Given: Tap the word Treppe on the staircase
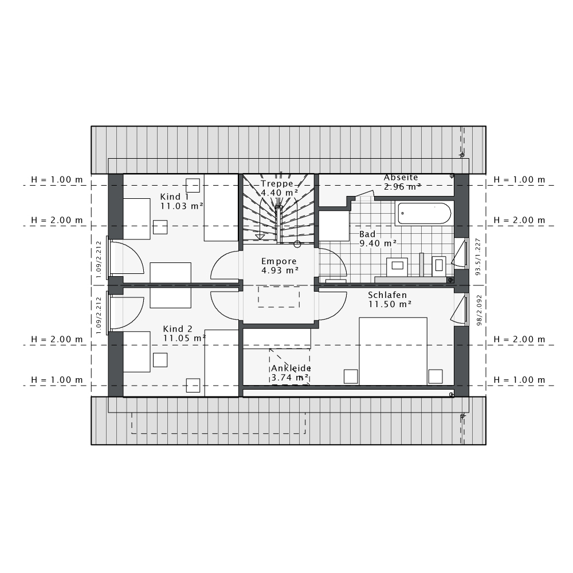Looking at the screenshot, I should pyautogui.click(x=277, y=184).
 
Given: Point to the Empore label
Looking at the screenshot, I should pyautogui.click(x=279, y=261).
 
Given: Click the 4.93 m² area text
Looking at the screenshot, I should pyautogui.click(x=280, y=270).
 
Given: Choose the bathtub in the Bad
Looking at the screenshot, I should pyautogui.click(x=425, y=213).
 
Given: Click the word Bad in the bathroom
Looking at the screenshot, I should pyautogui.click(x=367, y=234).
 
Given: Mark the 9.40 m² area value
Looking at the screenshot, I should pyautogui.click(x=378, y=244).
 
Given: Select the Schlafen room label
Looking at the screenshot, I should pyautogui.click(x=387, y=295).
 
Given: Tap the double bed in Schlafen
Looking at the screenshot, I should pyautogui.click(x=393, y=351).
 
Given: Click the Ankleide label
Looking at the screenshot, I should pyautogui.click(x=291, y=368).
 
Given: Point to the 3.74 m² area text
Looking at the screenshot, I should pyautogui.click(x=290, y=378).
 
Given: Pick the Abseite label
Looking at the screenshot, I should pyautogui.click(x=401, y=177).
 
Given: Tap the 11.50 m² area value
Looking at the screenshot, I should pyautogui.click(x=390, y=304).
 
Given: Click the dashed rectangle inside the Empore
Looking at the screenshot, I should pyautogui.click(x=279, y=296).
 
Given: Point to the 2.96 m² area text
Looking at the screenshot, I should pyautogui.click(x=402, y=186).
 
